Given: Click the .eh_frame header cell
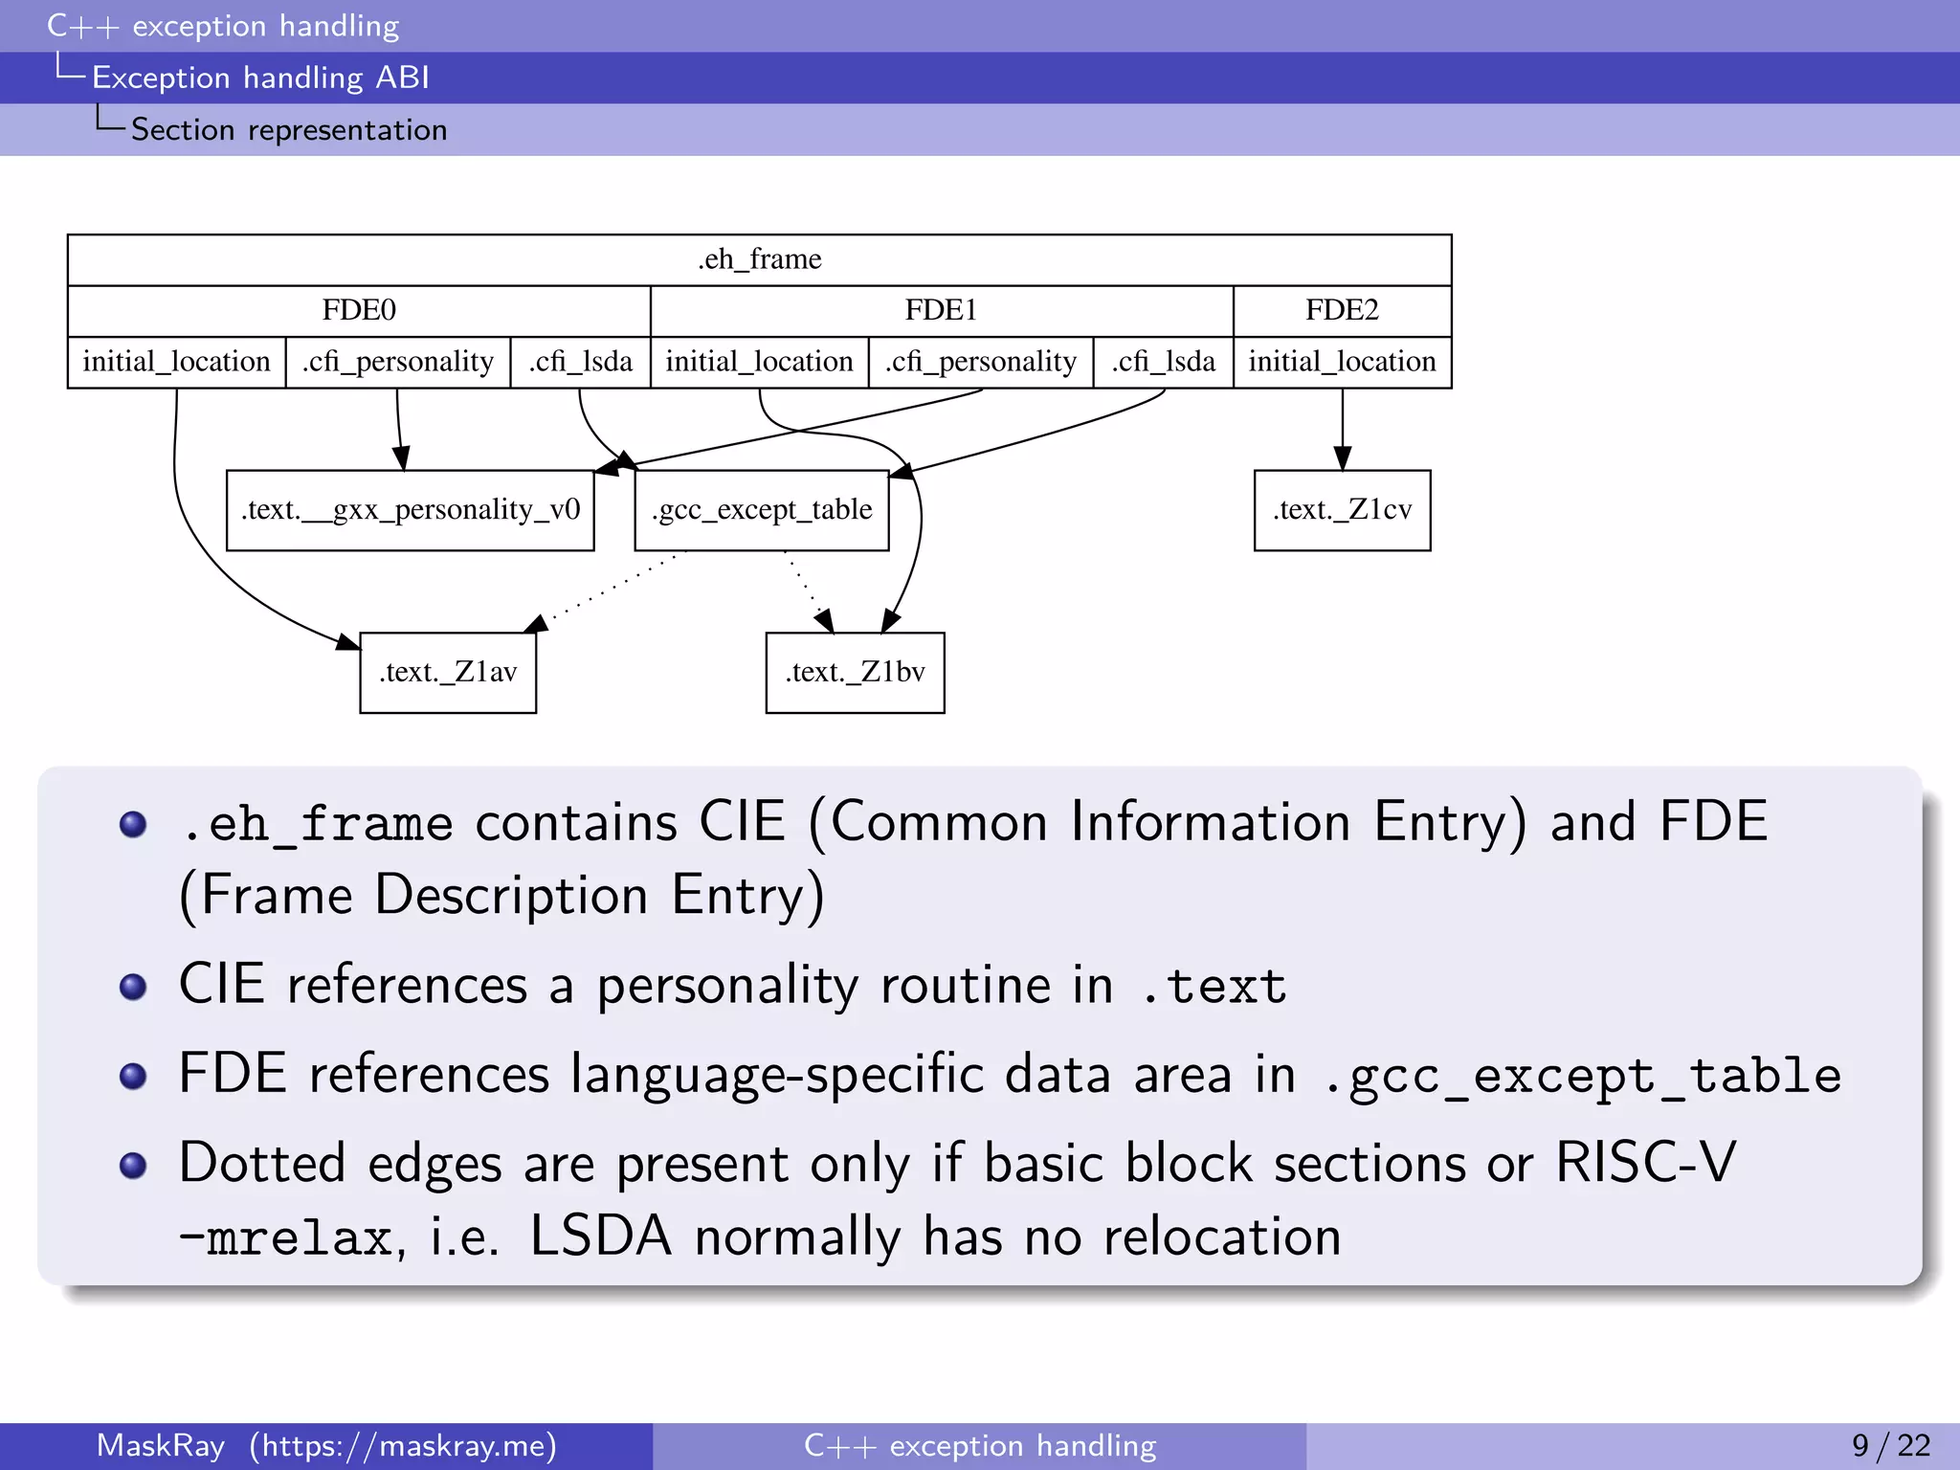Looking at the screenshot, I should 759,259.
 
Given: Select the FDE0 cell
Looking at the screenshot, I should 359,310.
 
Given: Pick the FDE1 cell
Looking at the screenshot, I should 941,310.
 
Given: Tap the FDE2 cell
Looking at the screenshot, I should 1342,310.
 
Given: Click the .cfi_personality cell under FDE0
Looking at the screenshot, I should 398,362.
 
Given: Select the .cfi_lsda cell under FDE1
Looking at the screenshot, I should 1163,362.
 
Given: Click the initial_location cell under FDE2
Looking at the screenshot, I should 1342,362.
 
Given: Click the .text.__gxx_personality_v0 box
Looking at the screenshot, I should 410,510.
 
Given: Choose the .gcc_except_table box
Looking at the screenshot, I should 761,510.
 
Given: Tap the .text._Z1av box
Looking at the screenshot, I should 448,672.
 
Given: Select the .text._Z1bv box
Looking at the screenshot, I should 855,672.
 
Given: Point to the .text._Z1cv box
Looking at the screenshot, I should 1342,510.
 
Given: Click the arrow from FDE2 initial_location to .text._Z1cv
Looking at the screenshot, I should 1342,426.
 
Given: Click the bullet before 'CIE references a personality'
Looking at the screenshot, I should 133,987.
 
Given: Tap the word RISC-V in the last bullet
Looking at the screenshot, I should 1644,1164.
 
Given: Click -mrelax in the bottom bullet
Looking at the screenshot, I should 286,1237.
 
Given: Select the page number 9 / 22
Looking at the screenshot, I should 1890,1445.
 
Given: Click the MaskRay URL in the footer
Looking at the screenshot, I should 403,1445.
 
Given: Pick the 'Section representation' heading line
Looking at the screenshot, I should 288,130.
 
